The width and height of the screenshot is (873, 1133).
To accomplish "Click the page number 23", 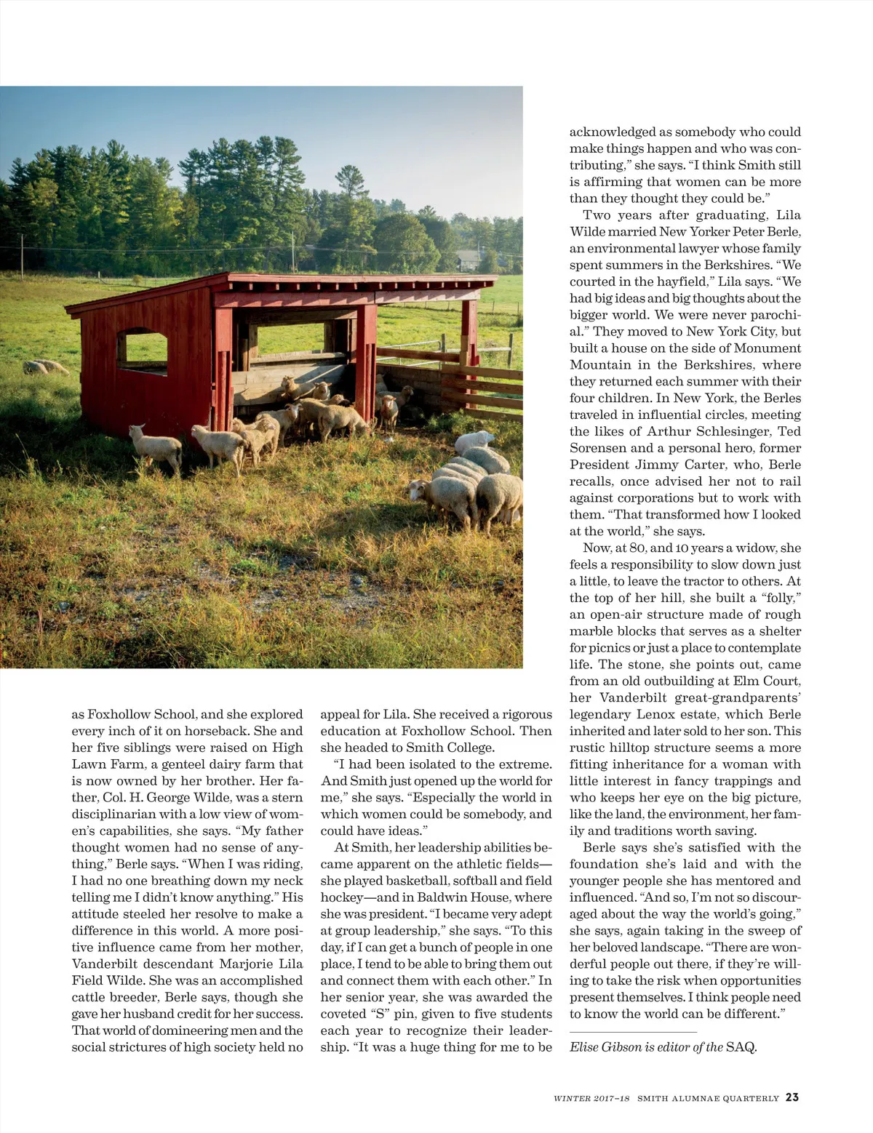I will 792,1097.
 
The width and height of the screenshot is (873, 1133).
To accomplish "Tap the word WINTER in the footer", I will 571,1098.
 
